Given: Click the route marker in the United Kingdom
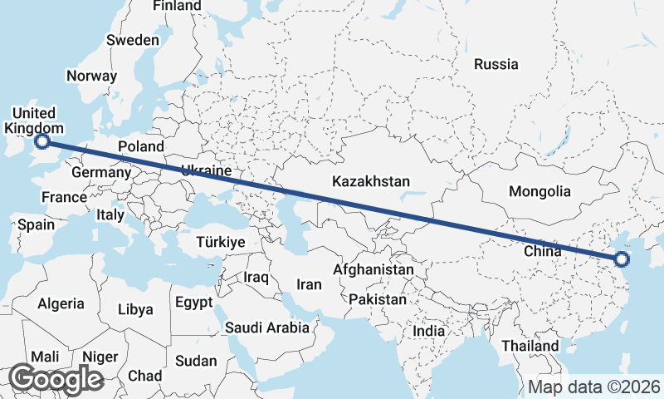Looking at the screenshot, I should [x=41, y=142].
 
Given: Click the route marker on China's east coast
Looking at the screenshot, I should [x=622, y=259].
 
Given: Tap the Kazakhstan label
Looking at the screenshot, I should [x=371, y=180].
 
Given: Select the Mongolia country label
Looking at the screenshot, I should [x=539, y=191].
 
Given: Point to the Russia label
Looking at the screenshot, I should [x=496, y=64].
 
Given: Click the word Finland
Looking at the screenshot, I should [x=177, y=6].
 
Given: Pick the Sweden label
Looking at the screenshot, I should [x=133, y=40].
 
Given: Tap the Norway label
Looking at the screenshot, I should [x=91, y=75].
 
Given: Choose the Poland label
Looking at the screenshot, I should [x=141, y=146].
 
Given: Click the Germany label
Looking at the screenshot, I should [x=101, y=173].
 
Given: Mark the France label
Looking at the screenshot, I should [x=65, y=197].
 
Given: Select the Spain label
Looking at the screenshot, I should [x=36, y=224].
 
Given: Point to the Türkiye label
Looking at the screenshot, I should [x=220, y=242].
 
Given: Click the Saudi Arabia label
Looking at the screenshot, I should [x=267, y=328].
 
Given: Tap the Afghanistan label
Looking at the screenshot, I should [x=373, y=270].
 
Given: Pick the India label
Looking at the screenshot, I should [x=429, y=331].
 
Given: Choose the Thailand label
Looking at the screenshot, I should [x=530, y=346].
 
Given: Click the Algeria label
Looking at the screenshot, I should [x=61, y=303].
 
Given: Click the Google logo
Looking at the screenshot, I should [x=56, y=379].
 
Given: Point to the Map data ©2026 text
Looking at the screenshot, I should [x=594, y=387].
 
